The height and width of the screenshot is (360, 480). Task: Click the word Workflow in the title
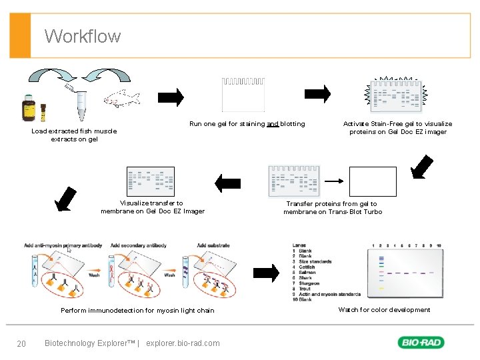(x=83, y=36)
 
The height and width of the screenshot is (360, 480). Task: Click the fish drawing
(x=122, y=99)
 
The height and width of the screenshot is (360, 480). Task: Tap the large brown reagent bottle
(x=29, y=109)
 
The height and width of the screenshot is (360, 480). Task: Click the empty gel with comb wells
(x=243, y=94)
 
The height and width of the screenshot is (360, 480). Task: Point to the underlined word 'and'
(x=273, y=124)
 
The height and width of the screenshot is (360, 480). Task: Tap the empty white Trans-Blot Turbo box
(x=373, y=181)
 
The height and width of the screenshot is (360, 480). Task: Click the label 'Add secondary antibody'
(x=138, y=245)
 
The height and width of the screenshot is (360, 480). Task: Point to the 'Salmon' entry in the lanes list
(x=307, y=273)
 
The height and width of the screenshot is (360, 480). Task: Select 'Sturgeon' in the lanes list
(x=309, y=283)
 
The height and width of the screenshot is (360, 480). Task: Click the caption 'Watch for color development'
(x=384, y=309)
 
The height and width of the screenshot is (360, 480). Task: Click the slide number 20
(x=21, y=343)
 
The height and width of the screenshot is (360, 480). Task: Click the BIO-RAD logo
(x=421, y=343)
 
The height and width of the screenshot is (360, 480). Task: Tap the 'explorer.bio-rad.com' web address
(x=183, y=343)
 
